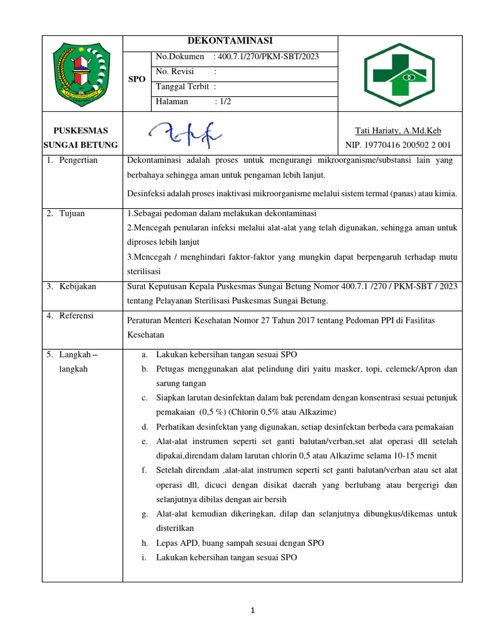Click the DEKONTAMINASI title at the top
point(230,41)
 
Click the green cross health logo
point(399,74)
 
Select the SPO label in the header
point(136,79)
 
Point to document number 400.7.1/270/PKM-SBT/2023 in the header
point(267,57)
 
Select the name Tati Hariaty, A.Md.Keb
point(398,131)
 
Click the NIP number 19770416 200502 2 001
point(398,145)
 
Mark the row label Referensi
point(76,315)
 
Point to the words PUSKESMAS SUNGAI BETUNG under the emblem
point(81,138)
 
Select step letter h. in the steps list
point(144,543)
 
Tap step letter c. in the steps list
point(144,398)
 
